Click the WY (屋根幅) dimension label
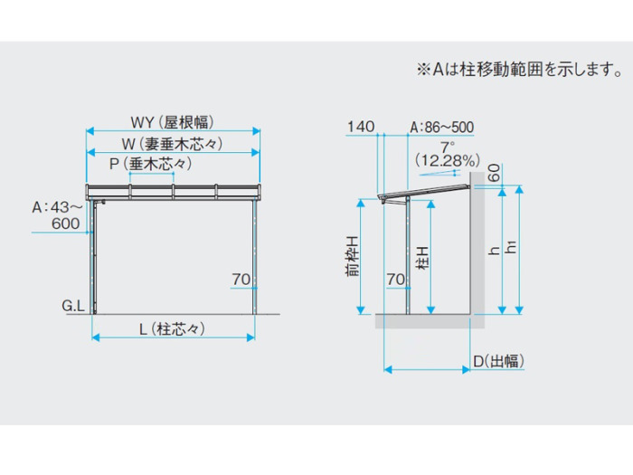tap(173, 122)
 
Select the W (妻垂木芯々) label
tap(173, 144)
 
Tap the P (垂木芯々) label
tap(151, 164)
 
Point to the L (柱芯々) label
tap(173, 328)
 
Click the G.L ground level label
tap(73, 306)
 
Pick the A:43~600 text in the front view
tap(57, 215)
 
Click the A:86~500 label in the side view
tap(441, 128)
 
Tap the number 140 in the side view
tap(361, 127)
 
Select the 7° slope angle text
tap(448, 147)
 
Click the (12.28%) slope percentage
tap(448, 160)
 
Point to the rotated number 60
tap(494, 173)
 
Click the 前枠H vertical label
tap(352, 256)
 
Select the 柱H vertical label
tap(422, 259)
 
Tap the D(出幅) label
tap(498, 361)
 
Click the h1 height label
tap(511, 247)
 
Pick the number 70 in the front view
tap(241, 279)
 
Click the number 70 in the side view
tap(395, 279)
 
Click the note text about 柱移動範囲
tap(520, 70)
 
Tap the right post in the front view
tap(255, 256)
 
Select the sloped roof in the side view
tap(424, 192)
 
